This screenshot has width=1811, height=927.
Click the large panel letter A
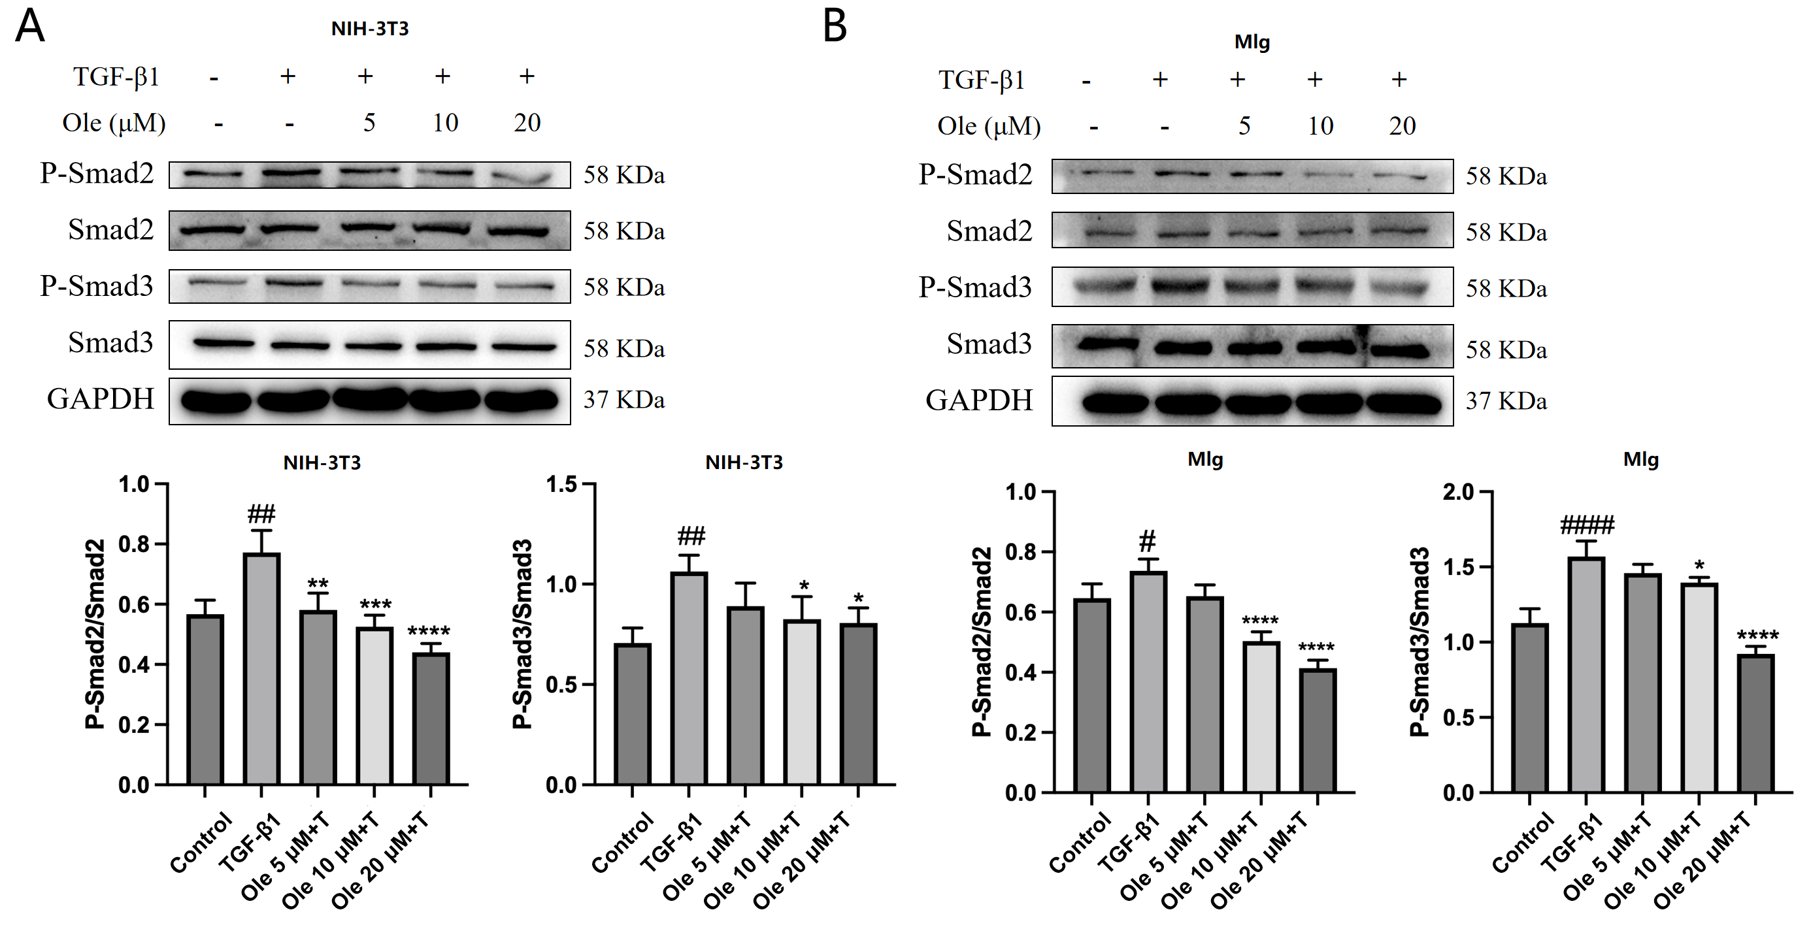(x=29, y=27)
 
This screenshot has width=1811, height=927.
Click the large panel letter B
(x=835, y=27)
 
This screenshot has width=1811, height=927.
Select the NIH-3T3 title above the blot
(x=370, y=29)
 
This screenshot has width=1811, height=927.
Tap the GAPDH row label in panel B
(x=978, y=400)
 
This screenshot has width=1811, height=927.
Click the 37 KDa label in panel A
(x=623, y=400)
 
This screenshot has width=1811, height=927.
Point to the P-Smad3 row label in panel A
(x=96, y=286)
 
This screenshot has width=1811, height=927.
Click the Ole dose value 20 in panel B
(x=1402, y=126)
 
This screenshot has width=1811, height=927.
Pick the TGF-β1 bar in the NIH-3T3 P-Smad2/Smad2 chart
(x=261, y=668)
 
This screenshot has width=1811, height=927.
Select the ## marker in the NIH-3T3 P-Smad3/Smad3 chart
(x=690, y=537)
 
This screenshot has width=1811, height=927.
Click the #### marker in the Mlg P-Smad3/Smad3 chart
(x=1587, y=525)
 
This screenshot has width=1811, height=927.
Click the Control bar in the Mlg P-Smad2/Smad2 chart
(x=1092, y=695)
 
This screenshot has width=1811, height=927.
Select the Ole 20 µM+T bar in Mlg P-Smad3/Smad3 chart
(x=1755, y=723)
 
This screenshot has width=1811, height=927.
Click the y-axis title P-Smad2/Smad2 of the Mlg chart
(x=982, y=641)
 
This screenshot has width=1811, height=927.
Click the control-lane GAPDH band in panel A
(x=215, y=401)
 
